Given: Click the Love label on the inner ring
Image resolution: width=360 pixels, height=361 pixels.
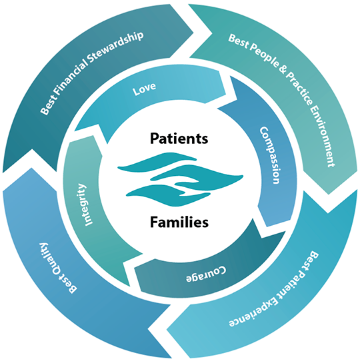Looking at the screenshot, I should coord(144,88).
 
